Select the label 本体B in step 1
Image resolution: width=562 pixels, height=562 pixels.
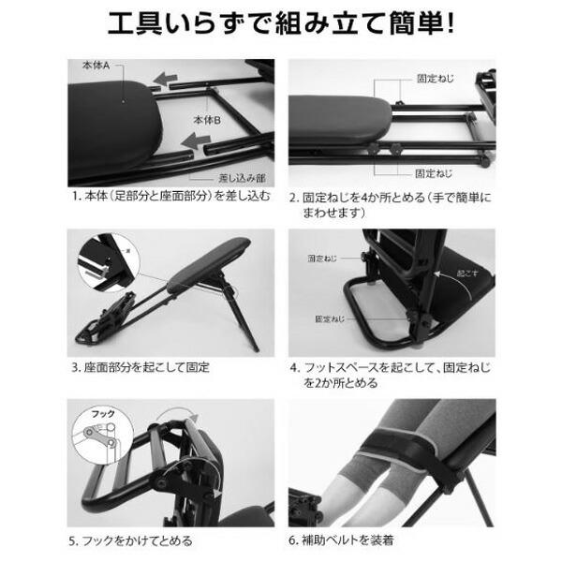[206, 121]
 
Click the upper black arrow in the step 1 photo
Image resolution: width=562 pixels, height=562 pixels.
[169, 81]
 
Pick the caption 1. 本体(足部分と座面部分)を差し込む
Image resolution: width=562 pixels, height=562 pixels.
[170, 198]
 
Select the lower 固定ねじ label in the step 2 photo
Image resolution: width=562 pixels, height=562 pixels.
[435, 173]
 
